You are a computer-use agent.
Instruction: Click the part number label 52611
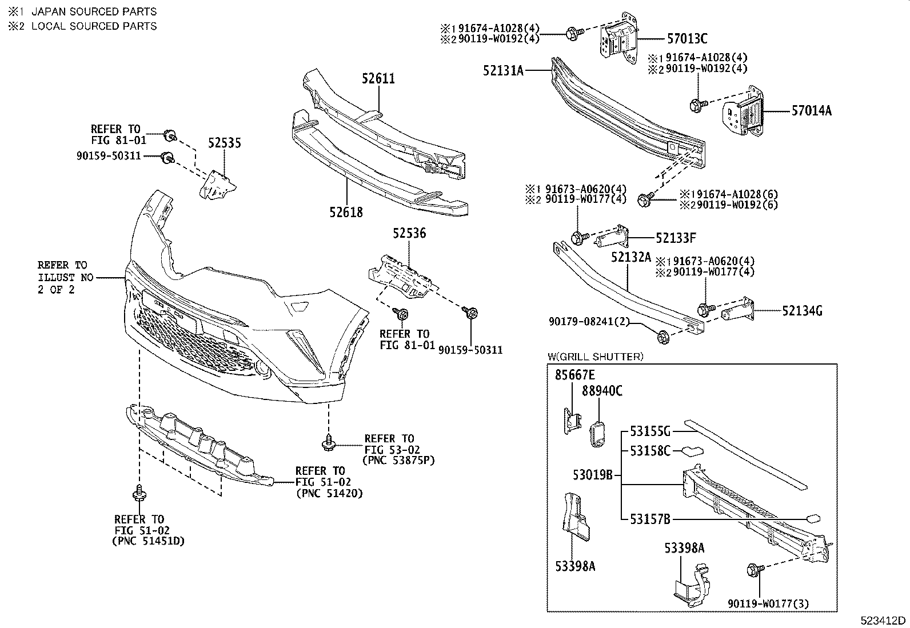pyautogui.click(x=378, y=79)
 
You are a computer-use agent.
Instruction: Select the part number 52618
pyautogui.click(x=346, y=213)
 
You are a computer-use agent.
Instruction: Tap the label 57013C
pyautogui.click(x=687, y=39)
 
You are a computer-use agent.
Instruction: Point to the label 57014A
pyautogui.click(x=811, y=111)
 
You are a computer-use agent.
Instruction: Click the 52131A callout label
pyautogui.click(x=503, y=71)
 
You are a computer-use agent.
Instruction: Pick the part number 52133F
pyautogui.click(x=676, y=238)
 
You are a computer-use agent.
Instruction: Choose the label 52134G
pyautogui.click(x=802, y=311)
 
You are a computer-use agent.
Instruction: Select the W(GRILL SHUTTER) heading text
pyautogui.click(x=595, y=357)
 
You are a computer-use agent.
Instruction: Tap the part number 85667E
pyautogui.click(x=575, y=375)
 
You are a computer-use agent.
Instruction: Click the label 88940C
pyautogui.click(x=602, y=391)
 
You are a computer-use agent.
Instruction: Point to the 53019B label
pyautogui.click(x=593, y=474)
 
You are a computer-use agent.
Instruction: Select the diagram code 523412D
pyautogui.click(x=884, y=621)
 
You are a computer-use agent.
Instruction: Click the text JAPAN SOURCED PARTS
pyautogui.click(x=94, y=11)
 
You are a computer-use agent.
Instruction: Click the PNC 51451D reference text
pyautogui.click(x=148, y=541)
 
